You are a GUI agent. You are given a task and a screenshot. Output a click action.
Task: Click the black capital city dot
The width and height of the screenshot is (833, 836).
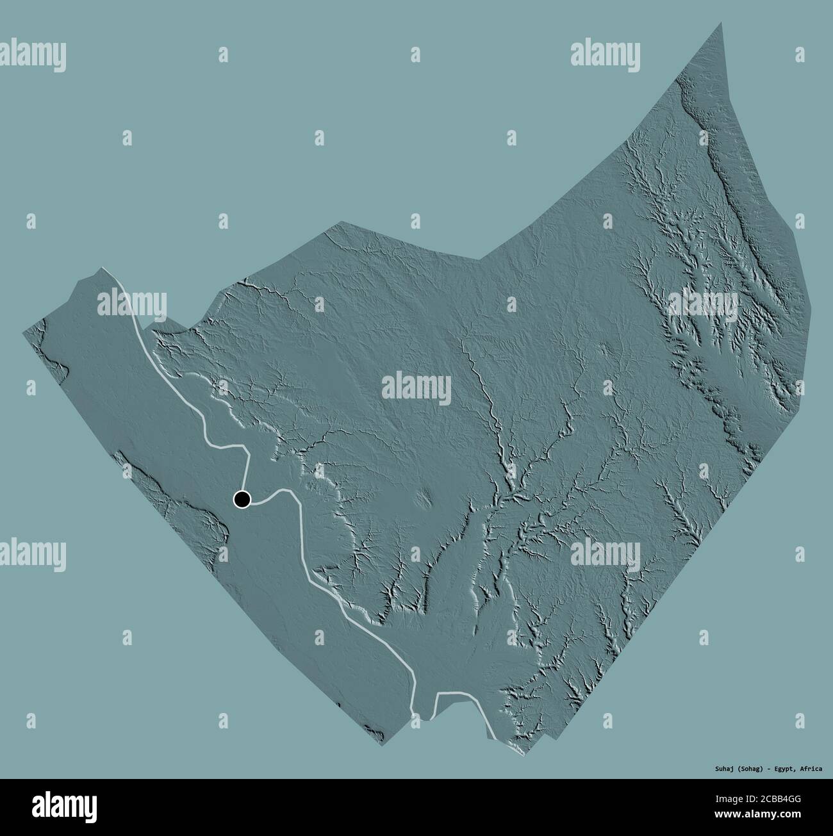click(x=242, y=499)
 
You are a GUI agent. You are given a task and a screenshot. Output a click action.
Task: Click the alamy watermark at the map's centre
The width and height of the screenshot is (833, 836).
click(x=416, y=388)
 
